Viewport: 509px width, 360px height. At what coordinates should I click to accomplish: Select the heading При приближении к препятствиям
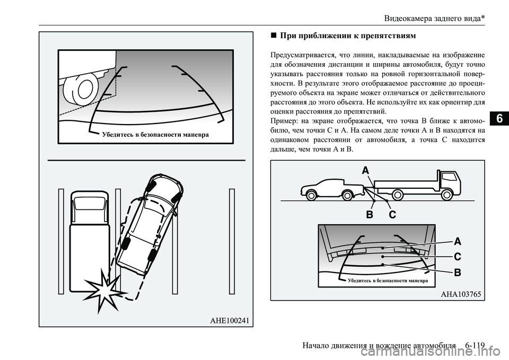pos(347,36)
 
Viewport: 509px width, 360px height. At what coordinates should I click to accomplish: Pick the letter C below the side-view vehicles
pos(392,215)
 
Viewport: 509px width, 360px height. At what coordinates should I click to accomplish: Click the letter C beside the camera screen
pos(457,257)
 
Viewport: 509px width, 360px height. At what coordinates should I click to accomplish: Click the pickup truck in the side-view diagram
pos(332,189)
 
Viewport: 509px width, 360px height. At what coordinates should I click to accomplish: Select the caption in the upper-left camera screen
pos(154,135)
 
